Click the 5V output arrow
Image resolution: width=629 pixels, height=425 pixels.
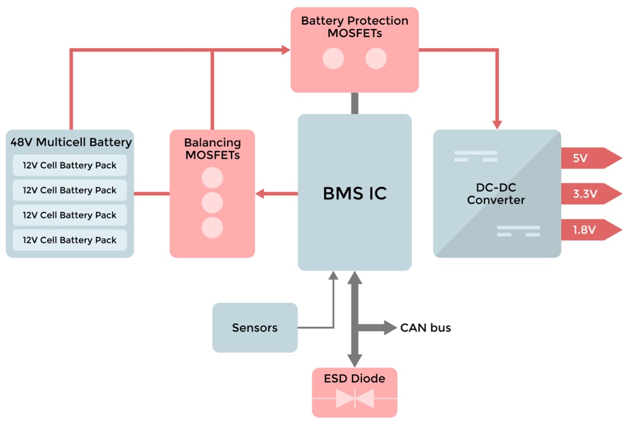[589, 158]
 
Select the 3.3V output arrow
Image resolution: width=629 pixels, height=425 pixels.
[589, 194]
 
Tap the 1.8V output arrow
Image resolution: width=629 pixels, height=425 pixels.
[589, 230]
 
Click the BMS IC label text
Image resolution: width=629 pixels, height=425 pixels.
[355, 194]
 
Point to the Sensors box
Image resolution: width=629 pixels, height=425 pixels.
[255, 327]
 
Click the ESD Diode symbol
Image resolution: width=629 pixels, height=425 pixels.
[355, 398]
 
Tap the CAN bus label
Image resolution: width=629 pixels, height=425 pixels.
[425, 327]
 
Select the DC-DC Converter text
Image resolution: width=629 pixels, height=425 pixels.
[496, 194]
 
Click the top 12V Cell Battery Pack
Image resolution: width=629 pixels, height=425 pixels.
[70, 165]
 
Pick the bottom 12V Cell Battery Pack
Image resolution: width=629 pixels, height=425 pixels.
[70, 240]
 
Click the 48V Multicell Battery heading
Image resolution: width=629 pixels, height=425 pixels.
[71, 142]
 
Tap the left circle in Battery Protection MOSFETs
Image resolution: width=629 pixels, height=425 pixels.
[333, 58]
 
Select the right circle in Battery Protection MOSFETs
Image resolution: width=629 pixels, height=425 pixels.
[376, 58]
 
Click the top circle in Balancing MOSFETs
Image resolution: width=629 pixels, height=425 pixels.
[212, 178]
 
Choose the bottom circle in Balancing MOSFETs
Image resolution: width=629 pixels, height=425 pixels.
[212, 227]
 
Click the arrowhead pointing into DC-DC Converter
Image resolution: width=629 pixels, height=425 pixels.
[497, 123]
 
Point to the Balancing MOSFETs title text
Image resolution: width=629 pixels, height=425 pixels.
[212, 148]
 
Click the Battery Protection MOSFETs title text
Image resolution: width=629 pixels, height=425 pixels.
[355, 27]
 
